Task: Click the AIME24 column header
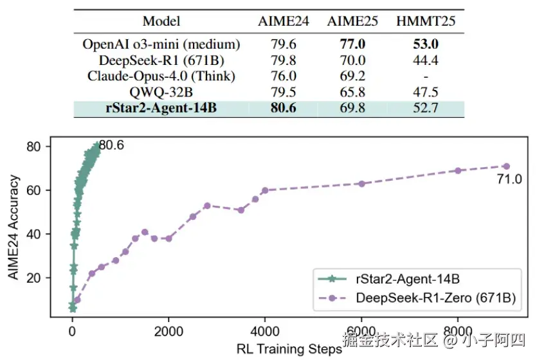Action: (283, 21)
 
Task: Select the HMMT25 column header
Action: (426, 21)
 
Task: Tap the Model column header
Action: (161, 21)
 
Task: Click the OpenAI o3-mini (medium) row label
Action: (161, 45)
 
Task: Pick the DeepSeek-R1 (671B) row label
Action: (161, 60)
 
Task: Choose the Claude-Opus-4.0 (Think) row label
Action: (161, 76)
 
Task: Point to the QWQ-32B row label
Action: (161, 91)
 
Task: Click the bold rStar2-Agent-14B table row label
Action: (161, 107)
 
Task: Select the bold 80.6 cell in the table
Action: (283, 107)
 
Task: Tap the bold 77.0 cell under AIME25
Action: (352, 45)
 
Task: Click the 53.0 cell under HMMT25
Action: (426, 45)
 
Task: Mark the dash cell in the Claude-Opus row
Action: (426, 76)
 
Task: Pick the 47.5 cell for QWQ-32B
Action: (426, 91)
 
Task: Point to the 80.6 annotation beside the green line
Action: (111, 146)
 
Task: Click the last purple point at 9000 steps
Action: (506, 166)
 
